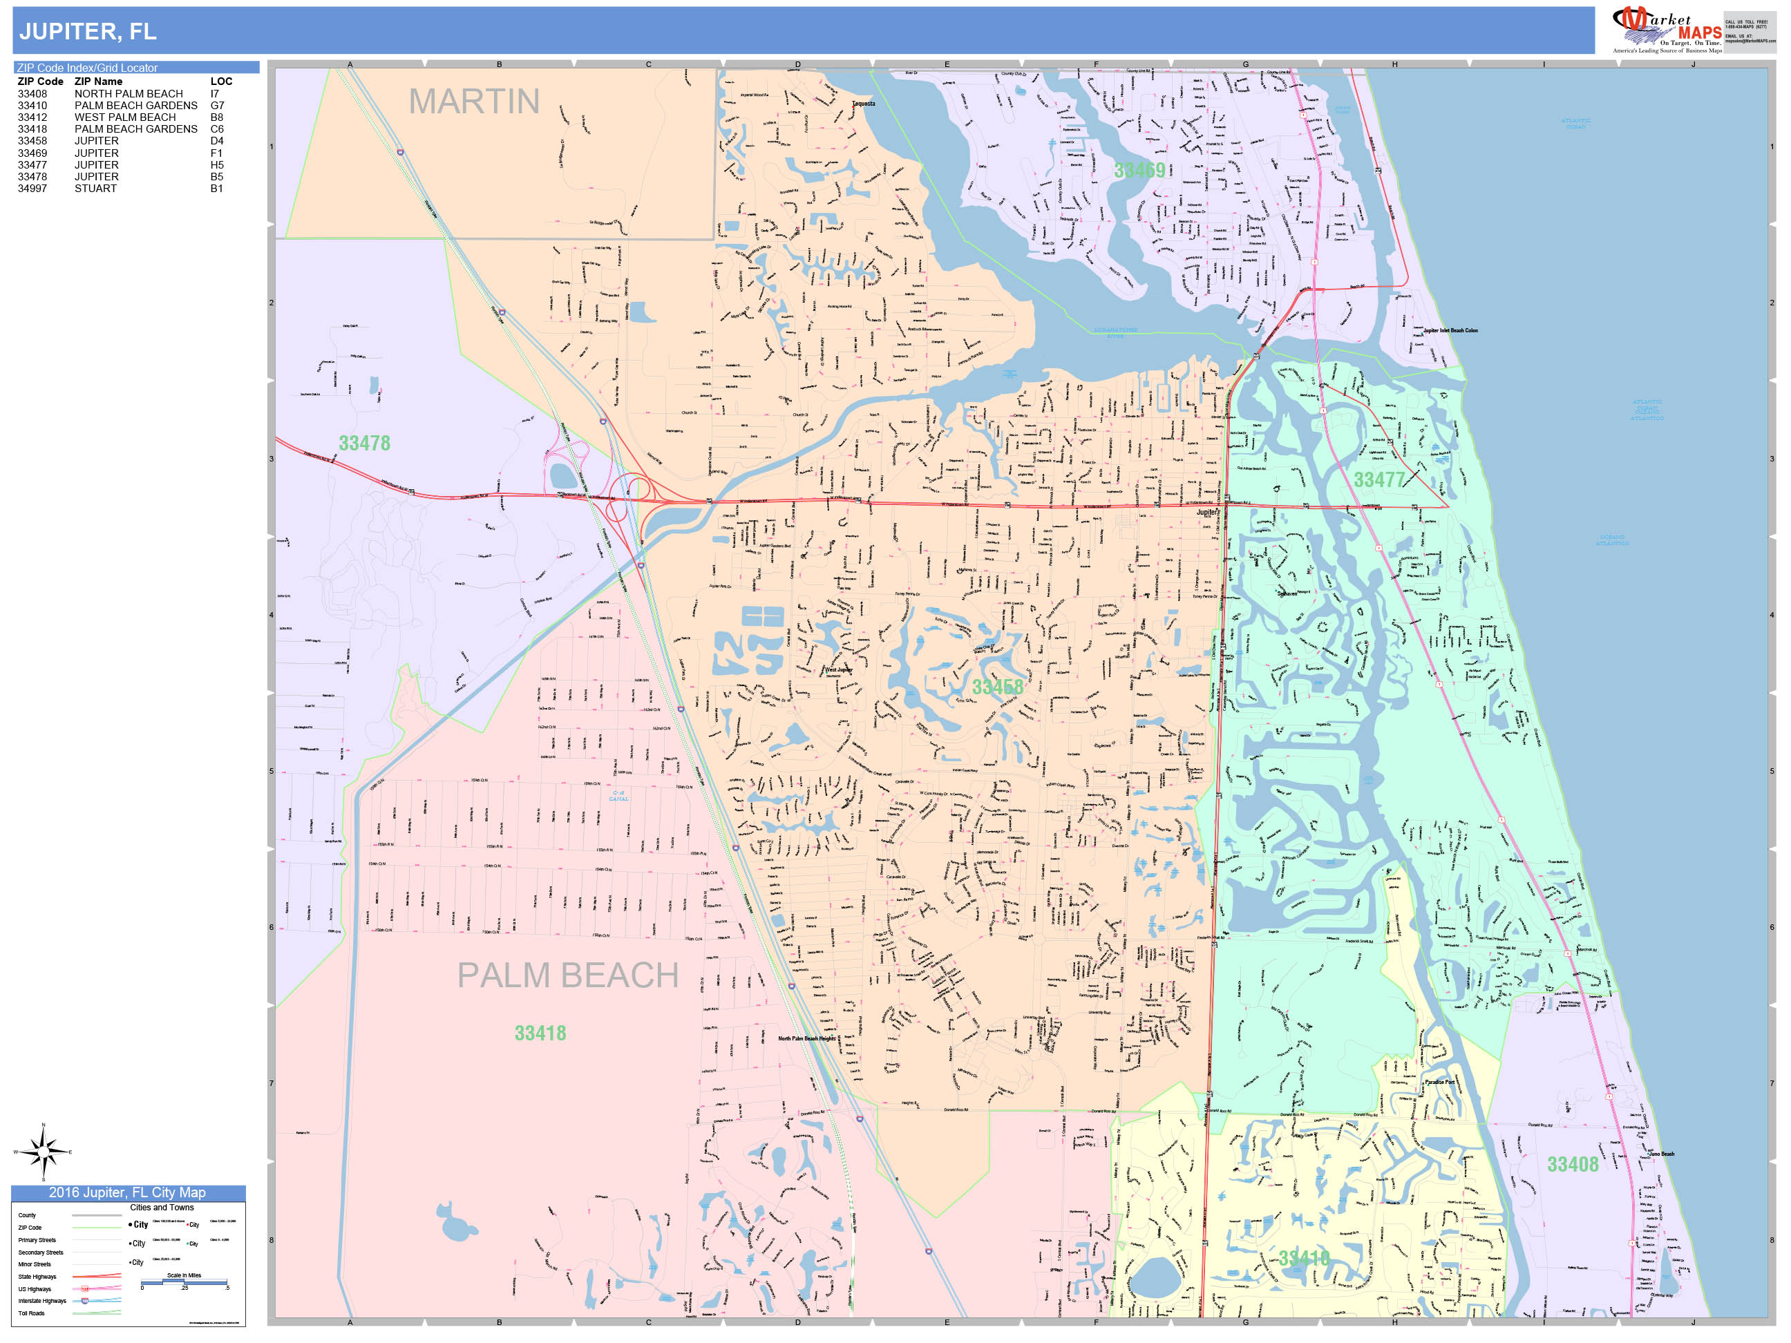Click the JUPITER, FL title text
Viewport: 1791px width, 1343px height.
pyautogui.click(x=88, y=32)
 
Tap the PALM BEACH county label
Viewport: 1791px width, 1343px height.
pyautogui.click(x=567, y=975)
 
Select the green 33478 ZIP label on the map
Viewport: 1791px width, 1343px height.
pyautogui.click(x=364, y=444)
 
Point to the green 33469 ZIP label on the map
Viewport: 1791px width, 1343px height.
pyautogui.click(x=1139, y=170)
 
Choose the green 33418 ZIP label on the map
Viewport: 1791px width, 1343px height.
pyautogui.click(x=540, y=1034)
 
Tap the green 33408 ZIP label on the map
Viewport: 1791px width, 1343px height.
pyautogui.click(x=1573, y=1165)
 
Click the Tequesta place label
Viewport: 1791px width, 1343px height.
pyautogui.click(x=863, y=104)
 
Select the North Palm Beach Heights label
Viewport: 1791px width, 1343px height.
pyautogui.click(x=806, y=1038)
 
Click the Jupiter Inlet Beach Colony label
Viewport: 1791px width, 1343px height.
pyautogui.click(x=1450, y=330)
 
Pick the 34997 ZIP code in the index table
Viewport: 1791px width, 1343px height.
pyautogui.click(x=32, y=189)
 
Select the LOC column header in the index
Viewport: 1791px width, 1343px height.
pyautogui.click(x=221, y=82)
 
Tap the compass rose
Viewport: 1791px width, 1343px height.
pyautogui.click(x=43, y=1151)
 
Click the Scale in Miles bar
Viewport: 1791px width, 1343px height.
pyautogui.click(x=184, y=1282)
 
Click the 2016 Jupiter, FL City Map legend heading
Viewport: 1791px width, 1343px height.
pyautogui.click(x=128, y=1192)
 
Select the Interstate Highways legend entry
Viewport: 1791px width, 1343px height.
pyautogui.click(x=42, y=1301)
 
